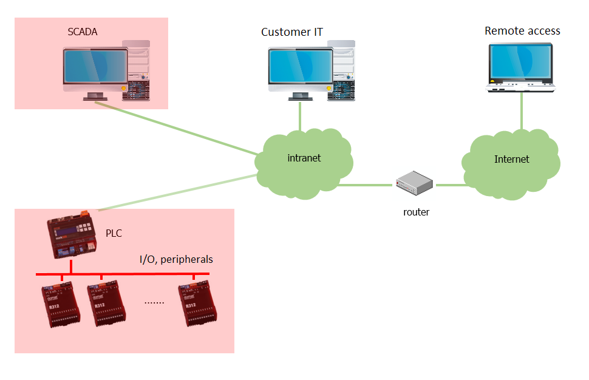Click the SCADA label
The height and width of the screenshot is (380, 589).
(x=83, y=31)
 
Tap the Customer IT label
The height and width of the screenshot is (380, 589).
(x=291, y=32)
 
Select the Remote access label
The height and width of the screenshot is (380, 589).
(x=522, y=31)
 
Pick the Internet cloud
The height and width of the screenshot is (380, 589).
(x=511, y=161)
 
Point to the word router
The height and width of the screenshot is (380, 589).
(x=416, y=212)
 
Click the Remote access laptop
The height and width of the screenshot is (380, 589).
(x=521, y=68)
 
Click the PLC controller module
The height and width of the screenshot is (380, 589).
(x=72, y=236)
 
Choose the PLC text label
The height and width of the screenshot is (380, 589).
(x=114, y=232)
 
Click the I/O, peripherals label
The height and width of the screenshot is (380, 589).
(x=176, y=259)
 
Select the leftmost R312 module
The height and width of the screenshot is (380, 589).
(x=60, y=304)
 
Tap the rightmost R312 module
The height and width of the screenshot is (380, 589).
(x=198, y=304)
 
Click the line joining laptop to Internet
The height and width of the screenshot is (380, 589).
(x=521, y=112)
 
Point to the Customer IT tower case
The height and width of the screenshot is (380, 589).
(x=341, y=70)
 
